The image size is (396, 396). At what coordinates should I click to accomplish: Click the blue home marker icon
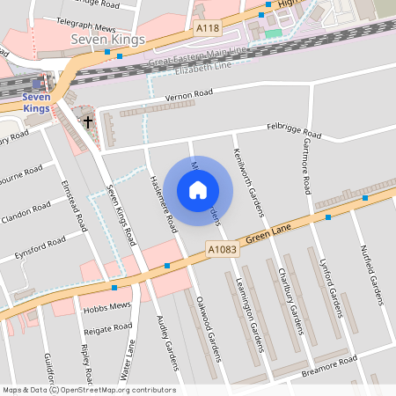tap(198, 190)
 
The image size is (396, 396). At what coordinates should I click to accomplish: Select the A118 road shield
tap(208, 29)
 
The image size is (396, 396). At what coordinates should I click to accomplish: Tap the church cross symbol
tap(87, 121)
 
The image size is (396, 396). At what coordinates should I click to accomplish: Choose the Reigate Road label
tap(107, 329)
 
